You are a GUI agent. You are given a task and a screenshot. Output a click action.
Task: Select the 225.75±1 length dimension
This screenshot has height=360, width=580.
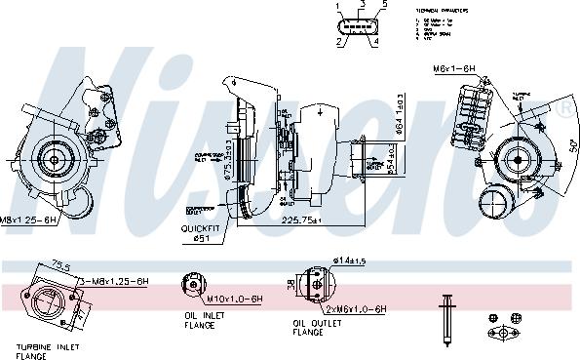(x=300, y=220)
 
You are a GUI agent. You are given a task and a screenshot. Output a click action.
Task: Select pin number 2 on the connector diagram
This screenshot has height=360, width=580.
(x=339, y=42)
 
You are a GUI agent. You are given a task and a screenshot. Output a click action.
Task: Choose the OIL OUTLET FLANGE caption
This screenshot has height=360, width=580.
(x=322, y=327)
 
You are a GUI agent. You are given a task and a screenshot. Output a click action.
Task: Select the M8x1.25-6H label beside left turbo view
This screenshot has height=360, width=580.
(x=26, y=220)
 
